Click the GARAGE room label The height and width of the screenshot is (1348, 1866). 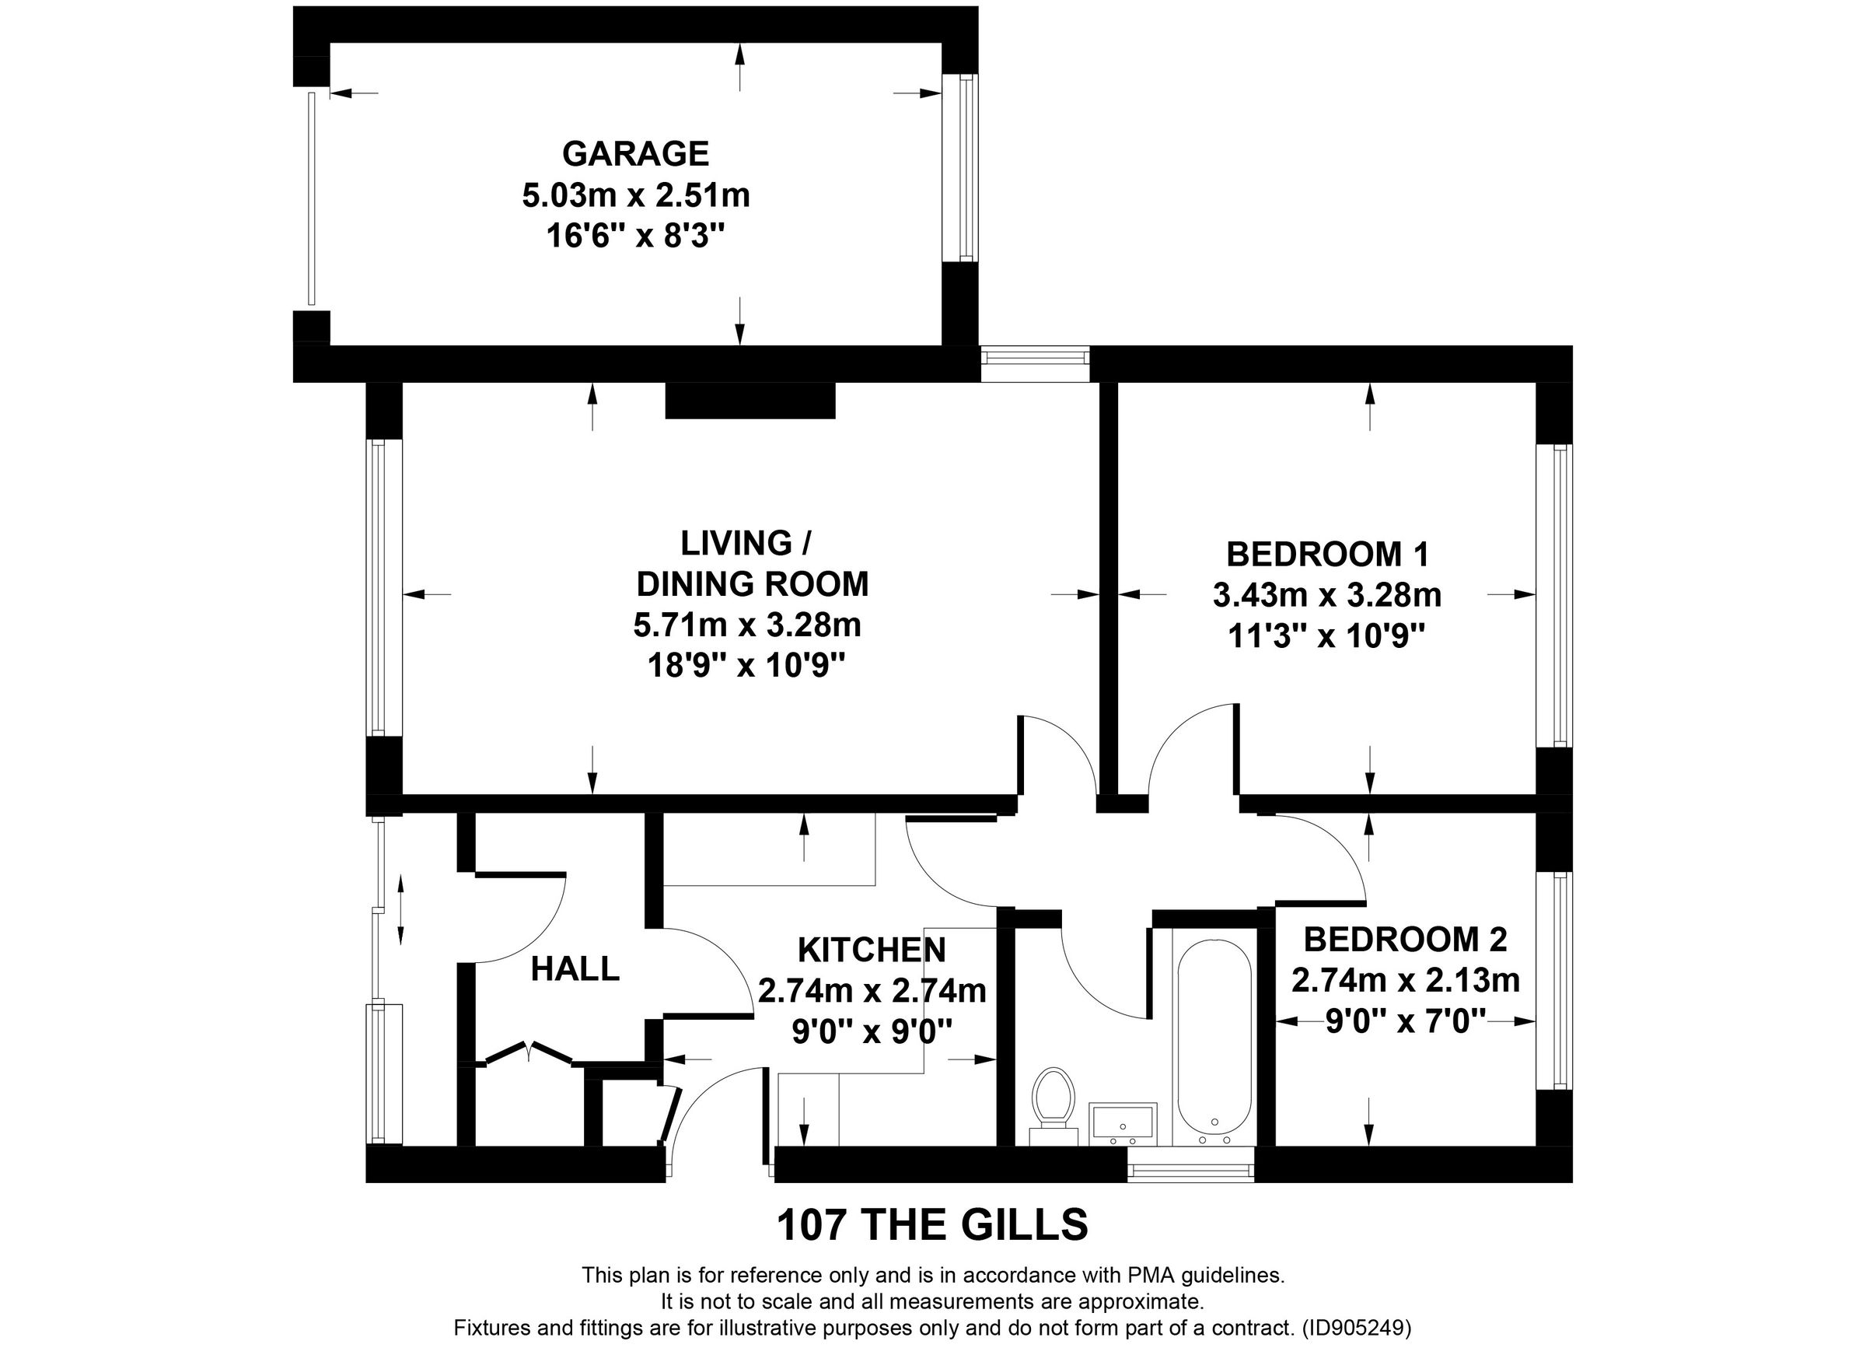click(635, 154)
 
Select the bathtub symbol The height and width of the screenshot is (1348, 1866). click(1214, 1041)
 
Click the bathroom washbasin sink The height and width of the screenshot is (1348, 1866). click(1123, 1122)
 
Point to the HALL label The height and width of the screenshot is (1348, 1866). click(575, 969)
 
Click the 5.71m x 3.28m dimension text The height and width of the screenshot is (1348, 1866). click(746, 625)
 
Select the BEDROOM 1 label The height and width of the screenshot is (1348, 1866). click(1327, 554)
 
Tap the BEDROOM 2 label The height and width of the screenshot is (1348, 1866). click(1404, 939)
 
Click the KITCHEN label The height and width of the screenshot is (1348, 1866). click(872, 951)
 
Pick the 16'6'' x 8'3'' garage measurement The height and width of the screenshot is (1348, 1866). click(635, 237)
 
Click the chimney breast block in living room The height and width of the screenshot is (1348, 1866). click(750, 401)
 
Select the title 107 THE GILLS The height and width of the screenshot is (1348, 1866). click(932, 1225)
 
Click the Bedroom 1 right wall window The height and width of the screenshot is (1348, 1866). click(1554, 595)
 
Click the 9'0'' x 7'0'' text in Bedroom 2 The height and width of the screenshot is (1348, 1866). click(1405, 1022)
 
